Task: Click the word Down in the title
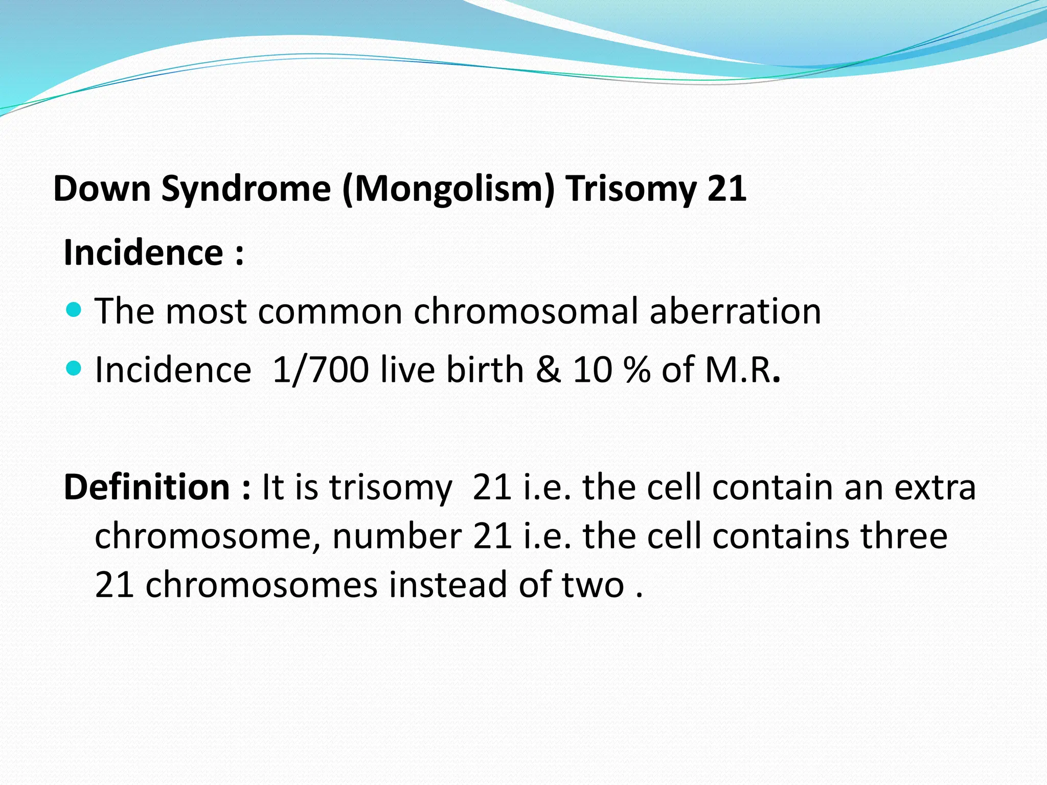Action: (x=102, y=189)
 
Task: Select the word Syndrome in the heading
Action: (x=246, y=189)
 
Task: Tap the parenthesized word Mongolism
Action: (x=449, y=189)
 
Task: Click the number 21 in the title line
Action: (x=726, y=189)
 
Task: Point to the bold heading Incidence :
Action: (x=153, y=252)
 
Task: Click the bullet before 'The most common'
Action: (x=74, y=309)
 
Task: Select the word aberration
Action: (x=735, y=311)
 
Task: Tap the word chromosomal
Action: (x=526, y=311)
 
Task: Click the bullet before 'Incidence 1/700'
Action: (x=74, y=367)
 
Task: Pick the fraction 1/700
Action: (x=321, y=369)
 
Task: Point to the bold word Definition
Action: (x=147, y=487)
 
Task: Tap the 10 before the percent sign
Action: (x=592, y=369)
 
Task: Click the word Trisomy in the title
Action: (x=630, y=189)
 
